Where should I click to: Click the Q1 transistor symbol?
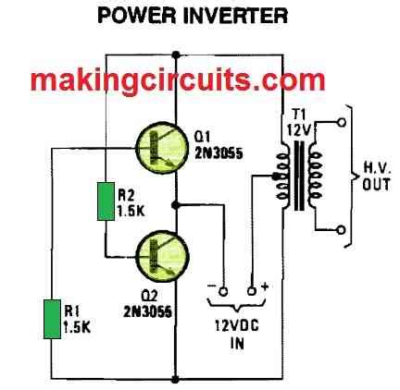click(161, 148)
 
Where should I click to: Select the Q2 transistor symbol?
click(162, 256)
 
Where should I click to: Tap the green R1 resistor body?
click(52, 319)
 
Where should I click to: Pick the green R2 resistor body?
click(106, 201)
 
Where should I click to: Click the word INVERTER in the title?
click(236, 15)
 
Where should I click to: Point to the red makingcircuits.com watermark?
click(178, 79)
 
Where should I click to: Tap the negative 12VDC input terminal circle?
click(223, 291)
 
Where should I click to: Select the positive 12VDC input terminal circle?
click(252, 291)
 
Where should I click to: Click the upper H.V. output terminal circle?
click(342, 122)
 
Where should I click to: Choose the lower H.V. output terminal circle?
click(342, 230)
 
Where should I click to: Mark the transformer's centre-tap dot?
click(275, 177)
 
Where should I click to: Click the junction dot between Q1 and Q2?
click(175, 205)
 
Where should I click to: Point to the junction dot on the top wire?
click(176, 55)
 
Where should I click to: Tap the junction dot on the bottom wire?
click(175, 379)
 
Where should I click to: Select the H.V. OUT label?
click(376, 177)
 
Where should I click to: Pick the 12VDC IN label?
click(237, 335)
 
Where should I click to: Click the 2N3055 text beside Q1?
click(219, 153)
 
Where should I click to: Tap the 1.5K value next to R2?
click(131, 211)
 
